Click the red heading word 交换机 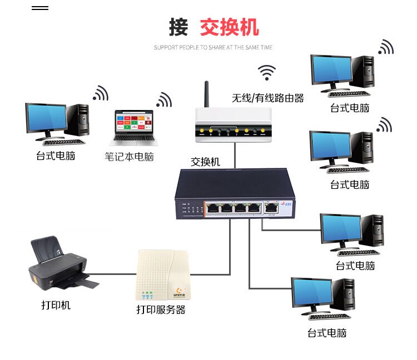click(229, 27)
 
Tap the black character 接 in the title click(178, 27)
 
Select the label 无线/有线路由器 click(268, 98)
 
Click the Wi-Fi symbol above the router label click(267, 72)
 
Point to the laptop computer click(133, 128)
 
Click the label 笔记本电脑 click(129, 157)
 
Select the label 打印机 click(56, 305)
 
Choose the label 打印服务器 click(161, 309)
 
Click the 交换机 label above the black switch click(205, 162)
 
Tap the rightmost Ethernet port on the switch click(271, 208)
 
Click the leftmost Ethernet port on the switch click(212, 208)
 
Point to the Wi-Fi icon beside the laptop click(164, 99)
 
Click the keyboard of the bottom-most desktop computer click(330, 316)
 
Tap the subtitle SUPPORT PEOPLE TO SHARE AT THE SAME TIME click(214, 48)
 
